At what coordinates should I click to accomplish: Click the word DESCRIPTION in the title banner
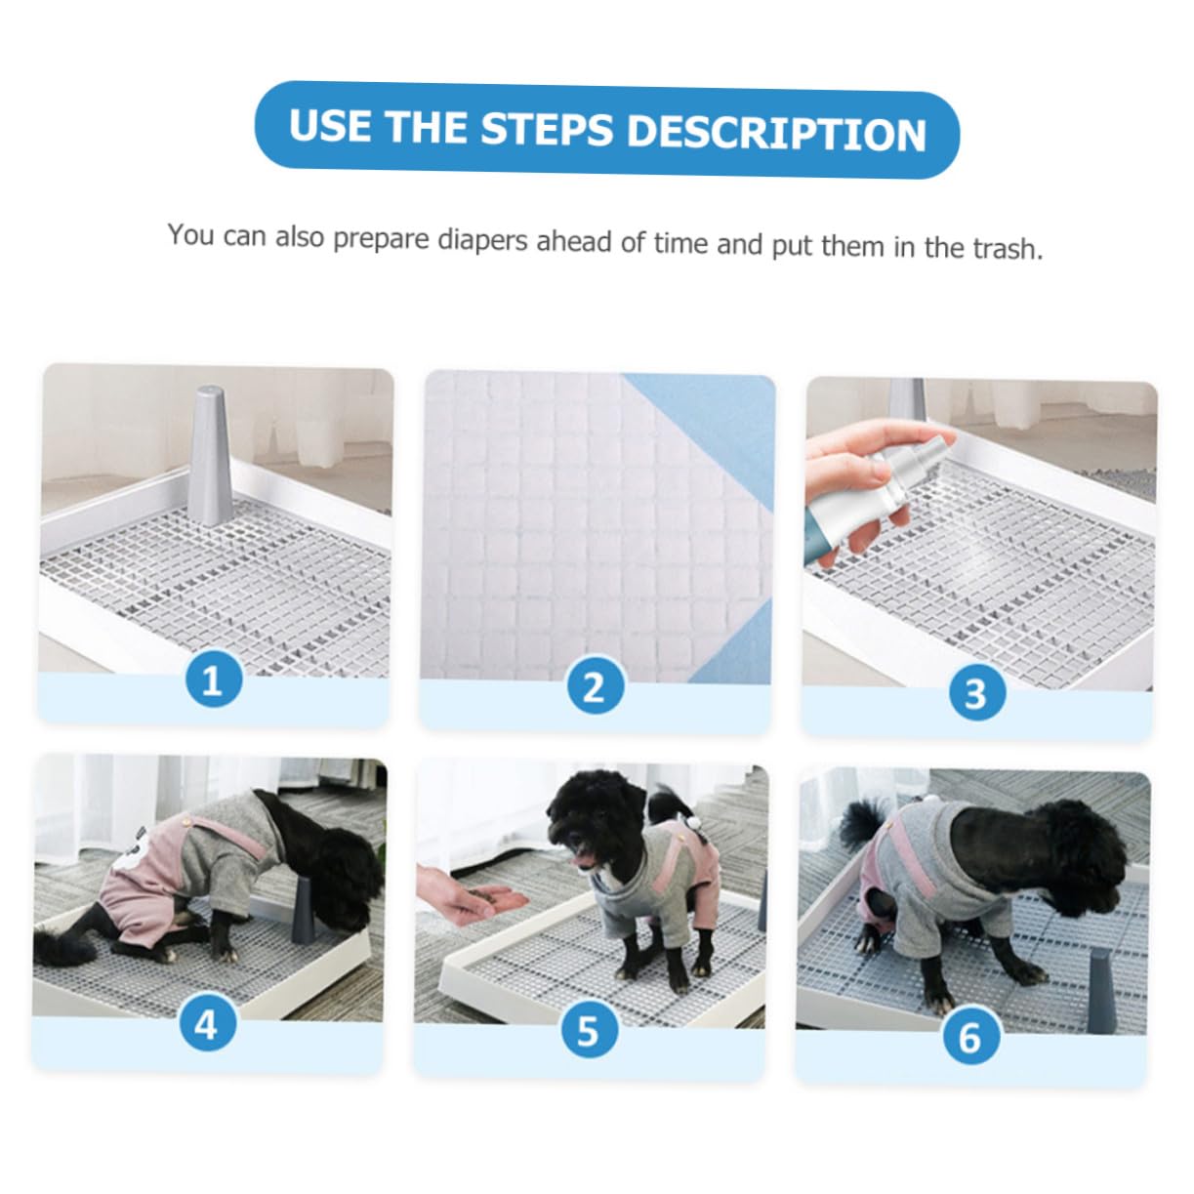point(776,134)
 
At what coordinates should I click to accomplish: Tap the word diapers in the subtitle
point(484,240)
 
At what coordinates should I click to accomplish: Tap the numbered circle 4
point(206,1024)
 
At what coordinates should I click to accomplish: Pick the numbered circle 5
point(588,1030)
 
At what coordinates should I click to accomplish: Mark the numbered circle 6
point(968,1037)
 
